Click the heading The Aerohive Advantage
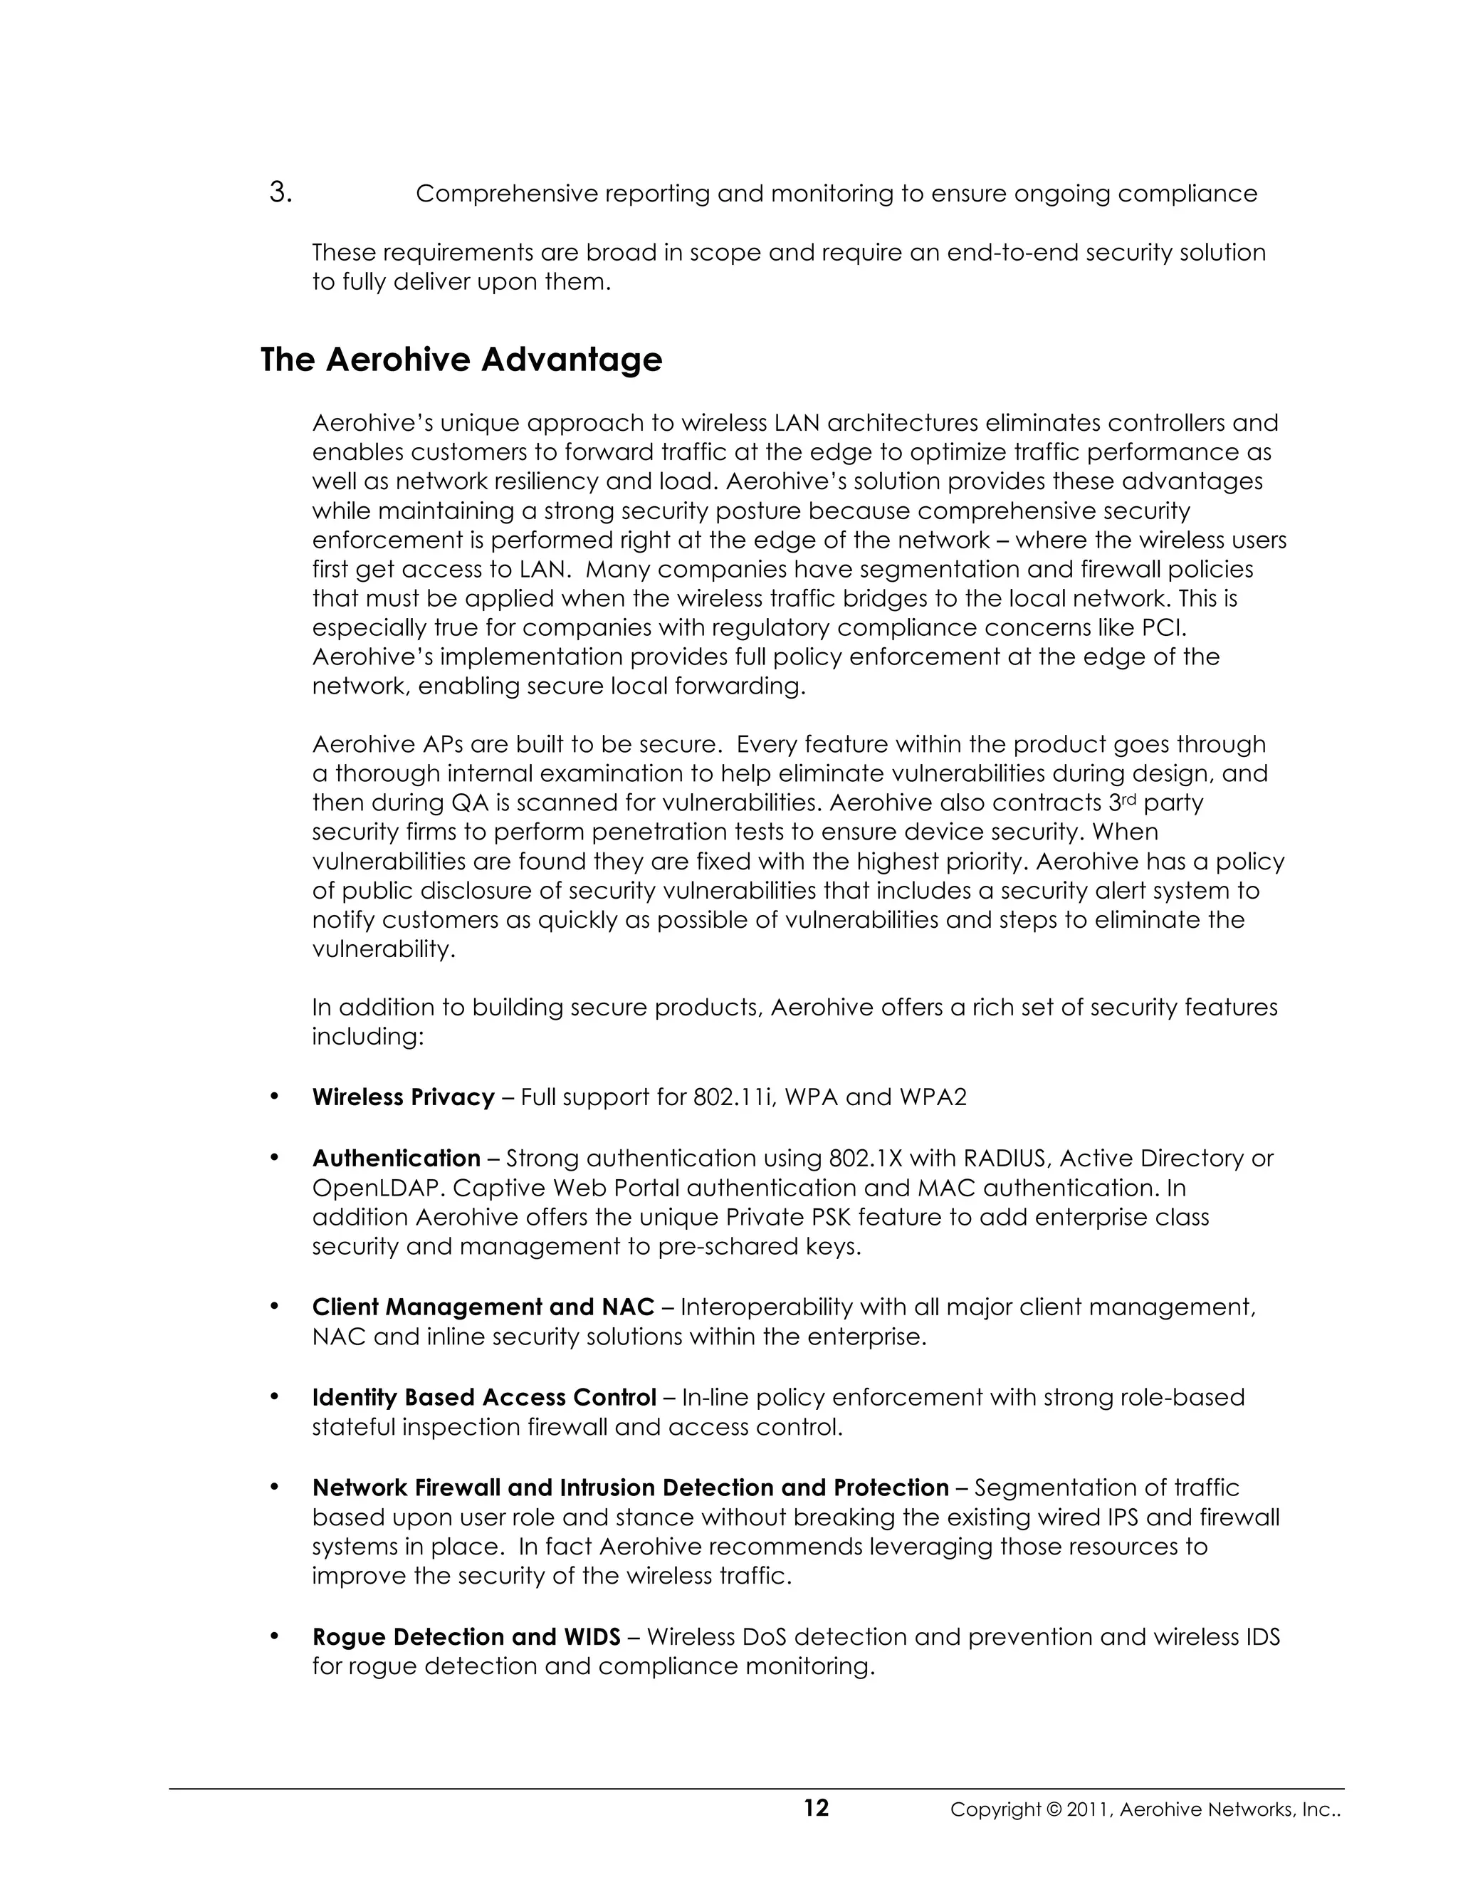click(461, 360)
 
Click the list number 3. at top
click(280, 192)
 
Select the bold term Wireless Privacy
click(404, 1097)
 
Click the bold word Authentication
click(397, 1158)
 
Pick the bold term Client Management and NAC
click(483, 1307)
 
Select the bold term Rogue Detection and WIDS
click(466, 1636)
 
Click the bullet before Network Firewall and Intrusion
click(275, 1486)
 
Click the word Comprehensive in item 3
click(506, 194)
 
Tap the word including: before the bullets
click(367, 1037)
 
